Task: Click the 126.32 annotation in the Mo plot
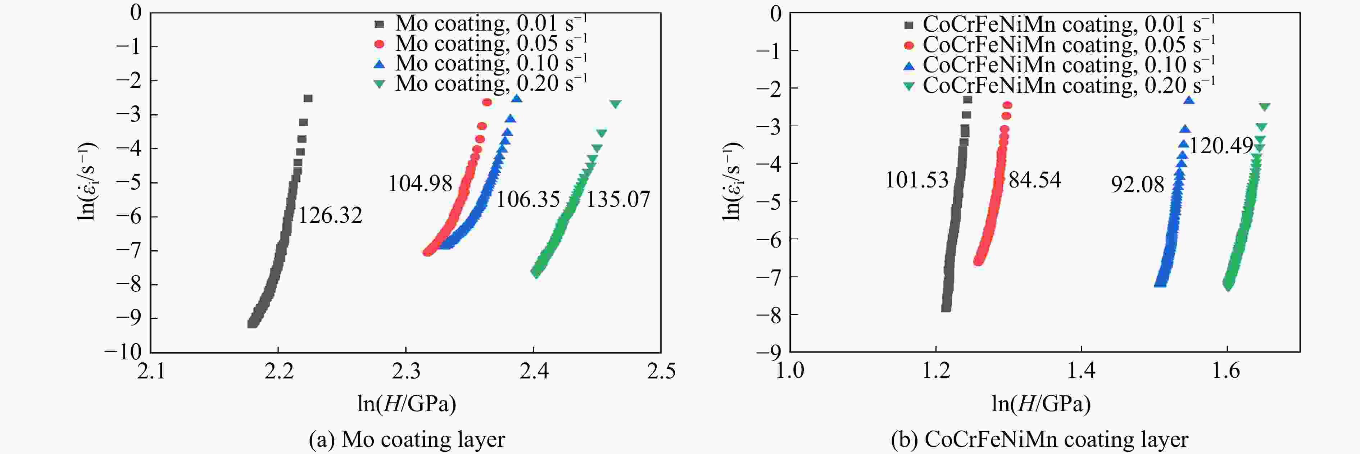point(331,215)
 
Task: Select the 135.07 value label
point(618,200)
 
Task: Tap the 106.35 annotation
point(528,200)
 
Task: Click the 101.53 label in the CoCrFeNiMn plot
point(916,180)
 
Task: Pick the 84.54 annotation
point(1035,180)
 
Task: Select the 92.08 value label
point(1137,184)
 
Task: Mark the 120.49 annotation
point(1221,145)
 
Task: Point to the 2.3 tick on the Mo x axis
point(406,371)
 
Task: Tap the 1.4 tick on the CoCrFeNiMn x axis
point(1081,371)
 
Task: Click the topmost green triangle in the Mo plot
point(615,104)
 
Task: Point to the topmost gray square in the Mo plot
point(308,98)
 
